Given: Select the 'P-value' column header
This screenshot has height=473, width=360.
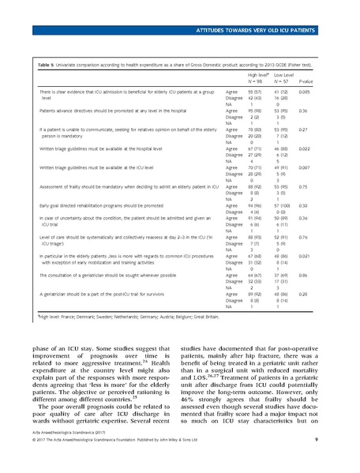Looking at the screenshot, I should [307, 81].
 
